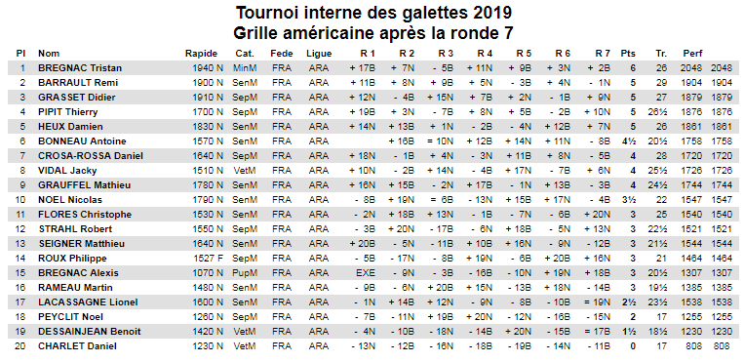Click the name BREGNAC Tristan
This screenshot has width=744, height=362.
point(80,68)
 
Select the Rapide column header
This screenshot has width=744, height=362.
point(201,54)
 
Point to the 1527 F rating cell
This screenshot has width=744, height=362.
point(208,258)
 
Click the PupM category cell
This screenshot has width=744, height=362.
point(245,272)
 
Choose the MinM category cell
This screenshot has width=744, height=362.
point(245,68)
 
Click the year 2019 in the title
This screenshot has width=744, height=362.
point(492,13)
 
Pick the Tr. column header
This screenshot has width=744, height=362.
point(661,54)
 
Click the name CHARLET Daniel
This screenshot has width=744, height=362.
point(77,345)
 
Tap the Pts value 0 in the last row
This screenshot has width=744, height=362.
point(633,345)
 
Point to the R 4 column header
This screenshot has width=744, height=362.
point(485,54)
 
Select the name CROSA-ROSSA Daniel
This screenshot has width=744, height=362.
point(91,156)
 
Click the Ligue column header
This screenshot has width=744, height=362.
point(319,54)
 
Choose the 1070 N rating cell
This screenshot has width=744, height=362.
point(208,272)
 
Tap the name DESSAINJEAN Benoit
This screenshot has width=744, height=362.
point(89,331)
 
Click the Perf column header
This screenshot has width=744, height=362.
point(692,54)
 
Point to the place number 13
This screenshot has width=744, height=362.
point(20,243)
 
